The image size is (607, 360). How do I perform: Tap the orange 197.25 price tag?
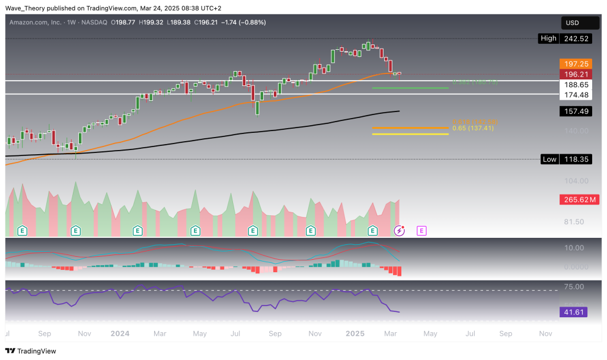coord(573,63)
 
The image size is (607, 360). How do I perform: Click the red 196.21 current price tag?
coord(573,74)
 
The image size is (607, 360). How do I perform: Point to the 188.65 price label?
coord(573,85)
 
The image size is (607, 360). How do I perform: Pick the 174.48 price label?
coord(573,95)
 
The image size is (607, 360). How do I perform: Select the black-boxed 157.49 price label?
coord(573,111)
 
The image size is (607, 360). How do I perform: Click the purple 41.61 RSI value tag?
coord(573,312)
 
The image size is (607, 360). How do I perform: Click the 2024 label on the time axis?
coord(120,334)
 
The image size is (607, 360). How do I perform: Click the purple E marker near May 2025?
coord(421,230)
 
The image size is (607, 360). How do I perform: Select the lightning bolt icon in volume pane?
coord(400,230)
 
